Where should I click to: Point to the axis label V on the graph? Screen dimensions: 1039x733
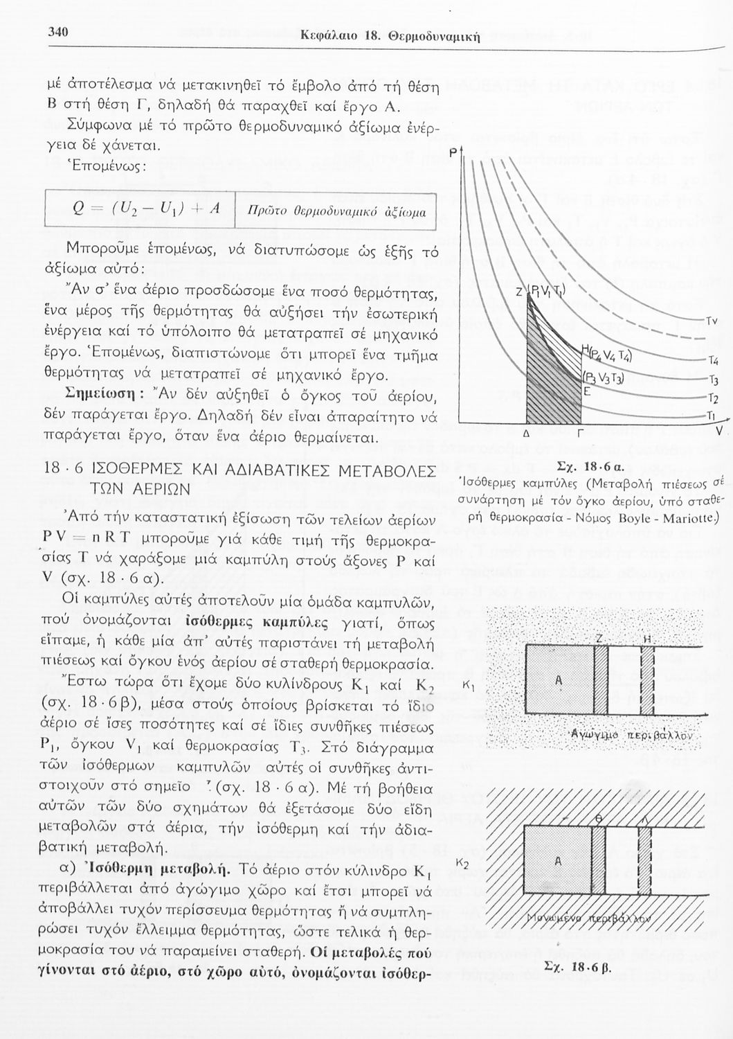pos(720,430)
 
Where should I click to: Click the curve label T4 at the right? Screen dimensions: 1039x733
pos(714,360)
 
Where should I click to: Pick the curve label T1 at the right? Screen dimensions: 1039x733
pos(710,415)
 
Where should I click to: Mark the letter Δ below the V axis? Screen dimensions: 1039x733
pos(526,433)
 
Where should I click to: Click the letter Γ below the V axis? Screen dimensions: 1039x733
pos(579,434)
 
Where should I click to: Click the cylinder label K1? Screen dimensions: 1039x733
pos(469,686)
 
